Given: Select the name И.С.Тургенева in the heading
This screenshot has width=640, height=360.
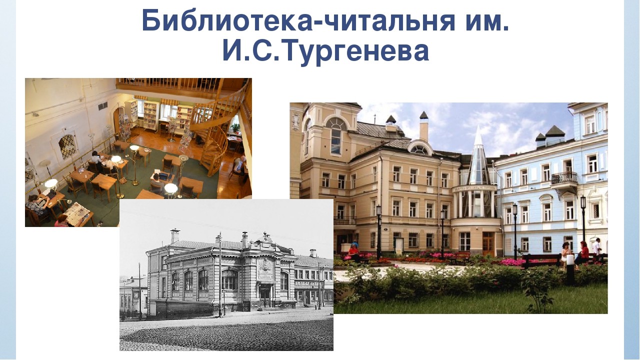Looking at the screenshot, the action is pos(325,51).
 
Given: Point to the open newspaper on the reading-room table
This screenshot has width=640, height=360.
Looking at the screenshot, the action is pos(77,211).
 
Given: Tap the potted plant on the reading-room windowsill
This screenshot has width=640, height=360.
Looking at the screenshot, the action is pos(235,127).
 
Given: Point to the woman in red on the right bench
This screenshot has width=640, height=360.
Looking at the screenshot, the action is pos(583,253).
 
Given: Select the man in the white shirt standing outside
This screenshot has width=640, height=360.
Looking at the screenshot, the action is pos(596,248).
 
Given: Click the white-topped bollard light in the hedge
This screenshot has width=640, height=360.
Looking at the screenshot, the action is pos(570,268).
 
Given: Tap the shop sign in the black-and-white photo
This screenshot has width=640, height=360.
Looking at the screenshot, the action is pos(308,283).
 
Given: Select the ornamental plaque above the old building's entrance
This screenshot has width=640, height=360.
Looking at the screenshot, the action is pos(265,269).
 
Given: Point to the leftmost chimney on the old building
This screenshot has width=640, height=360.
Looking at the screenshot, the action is pos(175,235).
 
